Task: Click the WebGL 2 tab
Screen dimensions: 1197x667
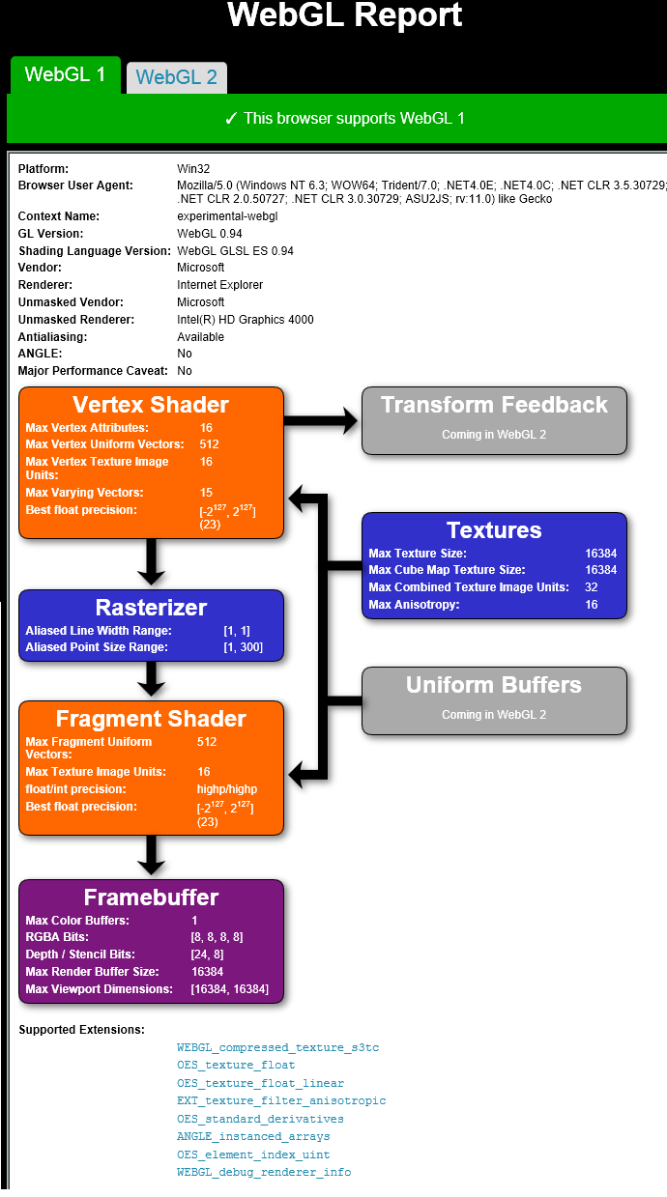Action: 177,77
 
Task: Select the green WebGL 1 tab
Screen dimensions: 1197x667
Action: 65,74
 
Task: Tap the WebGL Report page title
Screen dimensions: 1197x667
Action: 345,15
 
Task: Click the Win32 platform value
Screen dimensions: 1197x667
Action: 193,169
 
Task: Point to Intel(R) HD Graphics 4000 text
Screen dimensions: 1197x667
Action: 246,320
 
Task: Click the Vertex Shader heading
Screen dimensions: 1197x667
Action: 151,405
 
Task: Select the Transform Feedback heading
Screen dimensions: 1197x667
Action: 494,405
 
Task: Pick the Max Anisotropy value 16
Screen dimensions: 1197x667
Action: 592,605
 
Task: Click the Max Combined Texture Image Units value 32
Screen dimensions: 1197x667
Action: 592,587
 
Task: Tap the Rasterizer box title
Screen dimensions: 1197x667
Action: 151,608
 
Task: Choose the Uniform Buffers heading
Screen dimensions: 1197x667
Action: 494,685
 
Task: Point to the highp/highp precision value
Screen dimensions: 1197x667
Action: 227,789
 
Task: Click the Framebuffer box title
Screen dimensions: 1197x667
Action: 151,898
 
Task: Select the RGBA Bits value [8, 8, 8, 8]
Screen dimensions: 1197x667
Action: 217,937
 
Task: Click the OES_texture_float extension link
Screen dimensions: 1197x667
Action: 236,1066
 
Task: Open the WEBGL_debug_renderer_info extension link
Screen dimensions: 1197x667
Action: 264,1173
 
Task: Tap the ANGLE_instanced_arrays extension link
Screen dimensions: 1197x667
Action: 253,1137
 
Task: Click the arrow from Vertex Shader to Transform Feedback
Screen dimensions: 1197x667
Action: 322,420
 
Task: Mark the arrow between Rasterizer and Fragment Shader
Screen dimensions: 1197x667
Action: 151,679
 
